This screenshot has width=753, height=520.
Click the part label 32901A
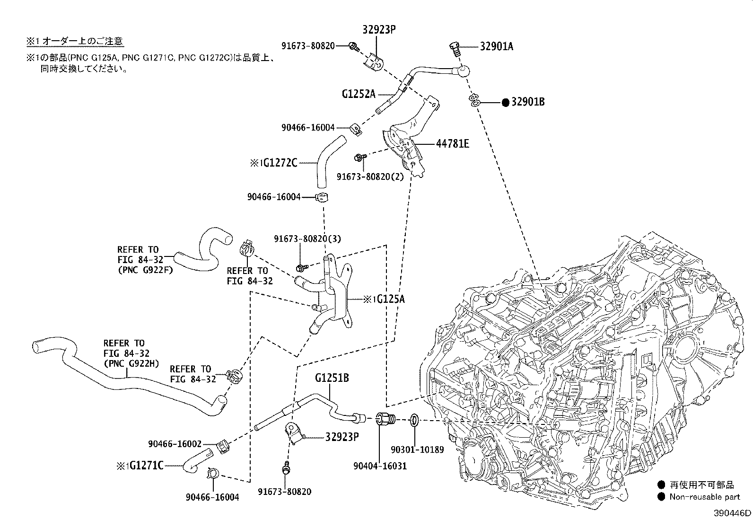pyautogui.click(x=496, y=46)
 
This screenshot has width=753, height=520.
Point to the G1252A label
pyautogui.click(x=359, y=94)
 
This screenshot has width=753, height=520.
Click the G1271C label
pyautogui.click(x=146, y=466)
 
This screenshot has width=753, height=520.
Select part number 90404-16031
pyautogui.click(x=380, y=466)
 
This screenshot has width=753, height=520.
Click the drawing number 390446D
pyautogui.click(x=732, y=513)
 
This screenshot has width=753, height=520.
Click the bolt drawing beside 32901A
pyautogui.click(x=455, y=48)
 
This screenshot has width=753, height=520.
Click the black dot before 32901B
pyautogui.click(x=505, y=102)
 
